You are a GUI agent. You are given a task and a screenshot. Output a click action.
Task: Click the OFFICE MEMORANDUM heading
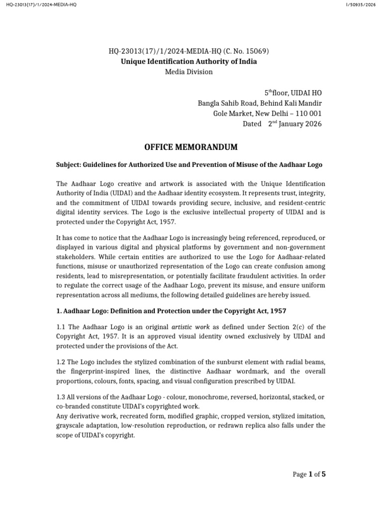191,147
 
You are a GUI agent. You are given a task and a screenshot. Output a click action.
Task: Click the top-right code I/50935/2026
360,4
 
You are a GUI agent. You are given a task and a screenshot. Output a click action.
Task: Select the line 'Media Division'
189,72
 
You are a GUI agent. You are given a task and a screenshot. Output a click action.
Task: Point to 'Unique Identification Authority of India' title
189,61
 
